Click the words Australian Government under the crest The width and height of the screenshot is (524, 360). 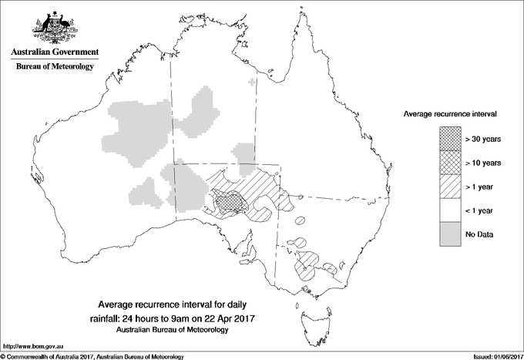pyautogui.click(x=54, y=52)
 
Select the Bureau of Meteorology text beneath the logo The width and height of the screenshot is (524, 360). pyautogui.click(x=54, y=67)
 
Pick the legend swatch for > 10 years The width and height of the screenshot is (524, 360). pyautogui.click(x=450, y=162)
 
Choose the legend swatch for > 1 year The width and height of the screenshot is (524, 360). pyautogui.click(x=450, y=186)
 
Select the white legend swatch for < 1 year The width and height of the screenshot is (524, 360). pyautogui.click(x=450, y=210)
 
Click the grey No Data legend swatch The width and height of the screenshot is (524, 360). pyautogui.click(x=450, y=234)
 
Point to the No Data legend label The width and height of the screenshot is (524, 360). pyautogui.click(x=479, y=234)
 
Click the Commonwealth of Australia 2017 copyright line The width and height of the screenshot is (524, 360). pyautogui.click(x=92, y=356)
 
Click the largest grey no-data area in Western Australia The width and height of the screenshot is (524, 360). pyautogui.click(x=139, y=131)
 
